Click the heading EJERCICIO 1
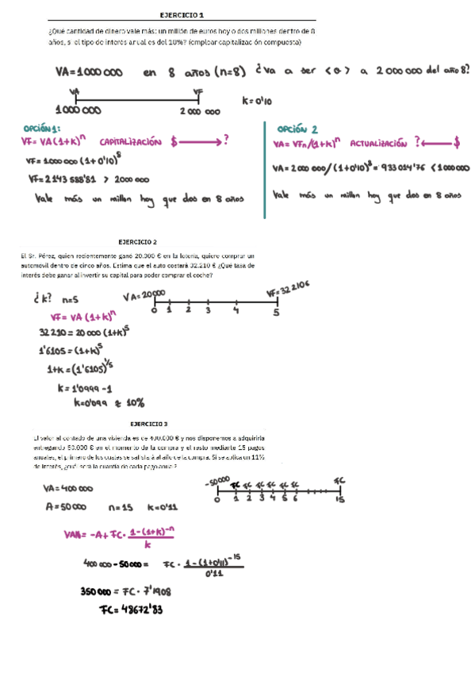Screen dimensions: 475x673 182,15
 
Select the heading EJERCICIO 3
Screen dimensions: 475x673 149,425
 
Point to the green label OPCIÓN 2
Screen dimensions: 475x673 298,129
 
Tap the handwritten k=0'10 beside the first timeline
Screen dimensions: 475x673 257,101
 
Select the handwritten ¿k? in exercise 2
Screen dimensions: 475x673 41,300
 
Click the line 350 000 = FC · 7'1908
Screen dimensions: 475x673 126,590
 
